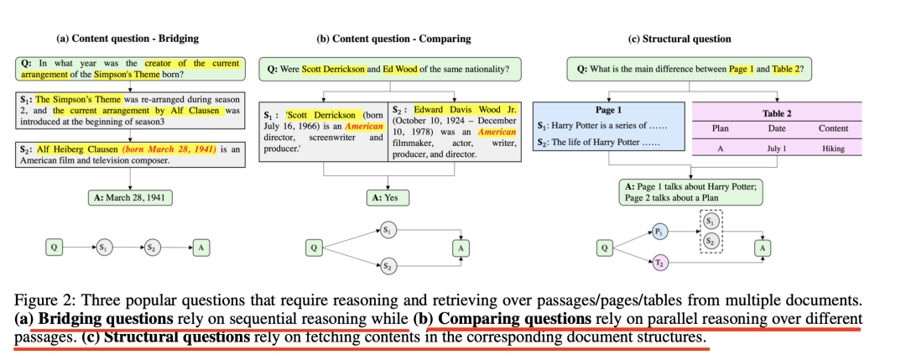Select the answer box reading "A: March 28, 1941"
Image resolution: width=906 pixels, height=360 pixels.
(129, 199)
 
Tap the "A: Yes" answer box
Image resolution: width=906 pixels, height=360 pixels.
(386, 199)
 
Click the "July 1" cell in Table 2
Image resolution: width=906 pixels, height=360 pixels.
(776, 149)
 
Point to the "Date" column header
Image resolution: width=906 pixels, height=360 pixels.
(776, 128)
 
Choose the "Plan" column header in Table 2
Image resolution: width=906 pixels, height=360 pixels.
(720, 128)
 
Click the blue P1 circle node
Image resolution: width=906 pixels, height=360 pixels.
(660, 229)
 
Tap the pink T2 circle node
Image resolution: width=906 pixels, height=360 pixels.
(660, 263)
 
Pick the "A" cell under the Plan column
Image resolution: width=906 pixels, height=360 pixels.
(720, 149)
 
